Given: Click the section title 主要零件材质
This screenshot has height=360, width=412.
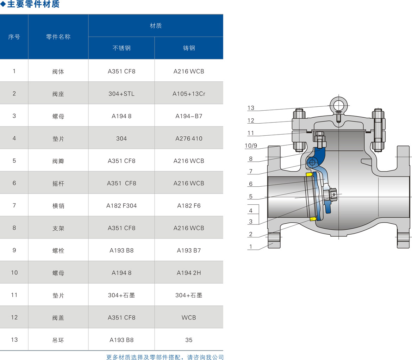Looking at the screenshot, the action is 33,4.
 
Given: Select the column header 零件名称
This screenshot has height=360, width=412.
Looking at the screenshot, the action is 58,37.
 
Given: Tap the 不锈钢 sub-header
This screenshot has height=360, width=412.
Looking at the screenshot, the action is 121,48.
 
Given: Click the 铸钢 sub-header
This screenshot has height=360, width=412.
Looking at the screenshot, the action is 189,48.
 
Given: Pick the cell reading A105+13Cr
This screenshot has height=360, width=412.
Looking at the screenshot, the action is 189,94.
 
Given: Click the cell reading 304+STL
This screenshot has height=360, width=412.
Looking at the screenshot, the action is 121,94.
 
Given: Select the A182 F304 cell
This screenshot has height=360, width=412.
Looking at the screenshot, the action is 121,206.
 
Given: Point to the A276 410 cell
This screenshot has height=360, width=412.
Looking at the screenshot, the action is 189,138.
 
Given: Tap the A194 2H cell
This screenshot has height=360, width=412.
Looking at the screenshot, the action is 189,273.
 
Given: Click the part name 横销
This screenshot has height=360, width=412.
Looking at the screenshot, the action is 58,206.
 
